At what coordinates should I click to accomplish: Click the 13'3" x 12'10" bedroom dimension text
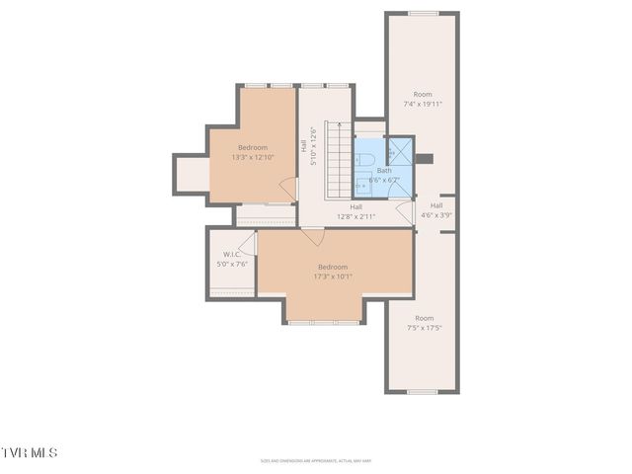pos(253,157)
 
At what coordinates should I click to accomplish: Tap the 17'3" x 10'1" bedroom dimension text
pos(333,276)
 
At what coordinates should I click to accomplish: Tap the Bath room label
pos(383,170)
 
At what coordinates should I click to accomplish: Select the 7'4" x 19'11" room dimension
pos(423,103)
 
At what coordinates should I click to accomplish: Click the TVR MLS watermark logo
pos(30,452)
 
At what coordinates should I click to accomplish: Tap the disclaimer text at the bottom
pos(336,460)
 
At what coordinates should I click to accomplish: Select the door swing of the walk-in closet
pos(248,244)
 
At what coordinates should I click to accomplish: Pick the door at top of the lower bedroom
pos(313,236)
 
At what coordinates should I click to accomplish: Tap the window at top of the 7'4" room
pos(422,13)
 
